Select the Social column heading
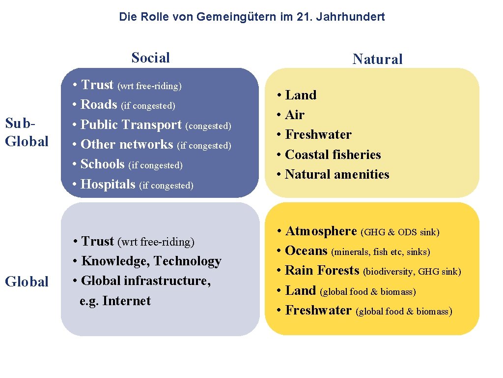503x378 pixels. pos(150,58)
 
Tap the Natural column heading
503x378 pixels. pos(377,60)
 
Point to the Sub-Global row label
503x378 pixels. pos(27,132)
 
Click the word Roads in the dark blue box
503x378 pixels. pos(99,104)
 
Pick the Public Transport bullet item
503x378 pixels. pos(131,125)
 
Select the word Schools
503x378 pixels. pos(103,164)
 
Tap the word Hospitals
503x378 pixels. pos(108,184)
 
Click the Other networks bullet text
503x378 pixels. pos(127,144)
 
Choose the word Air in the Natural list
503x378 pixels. pos(295,115)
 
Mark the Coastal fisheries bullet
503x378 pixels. pos(333,155)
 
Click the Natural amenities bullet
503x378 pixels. pos(337,174)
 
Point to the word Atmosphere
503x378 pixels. pos(321,231)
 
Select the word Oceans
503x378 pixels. pos(306,251)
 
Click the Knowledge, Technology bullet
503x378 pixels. pos(151,261)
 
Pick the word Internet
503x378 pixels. pos(126,301)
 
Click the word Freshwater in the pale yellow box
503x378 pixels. pos(318,134)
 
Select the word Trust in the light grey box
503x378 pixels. pos(98,241)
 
